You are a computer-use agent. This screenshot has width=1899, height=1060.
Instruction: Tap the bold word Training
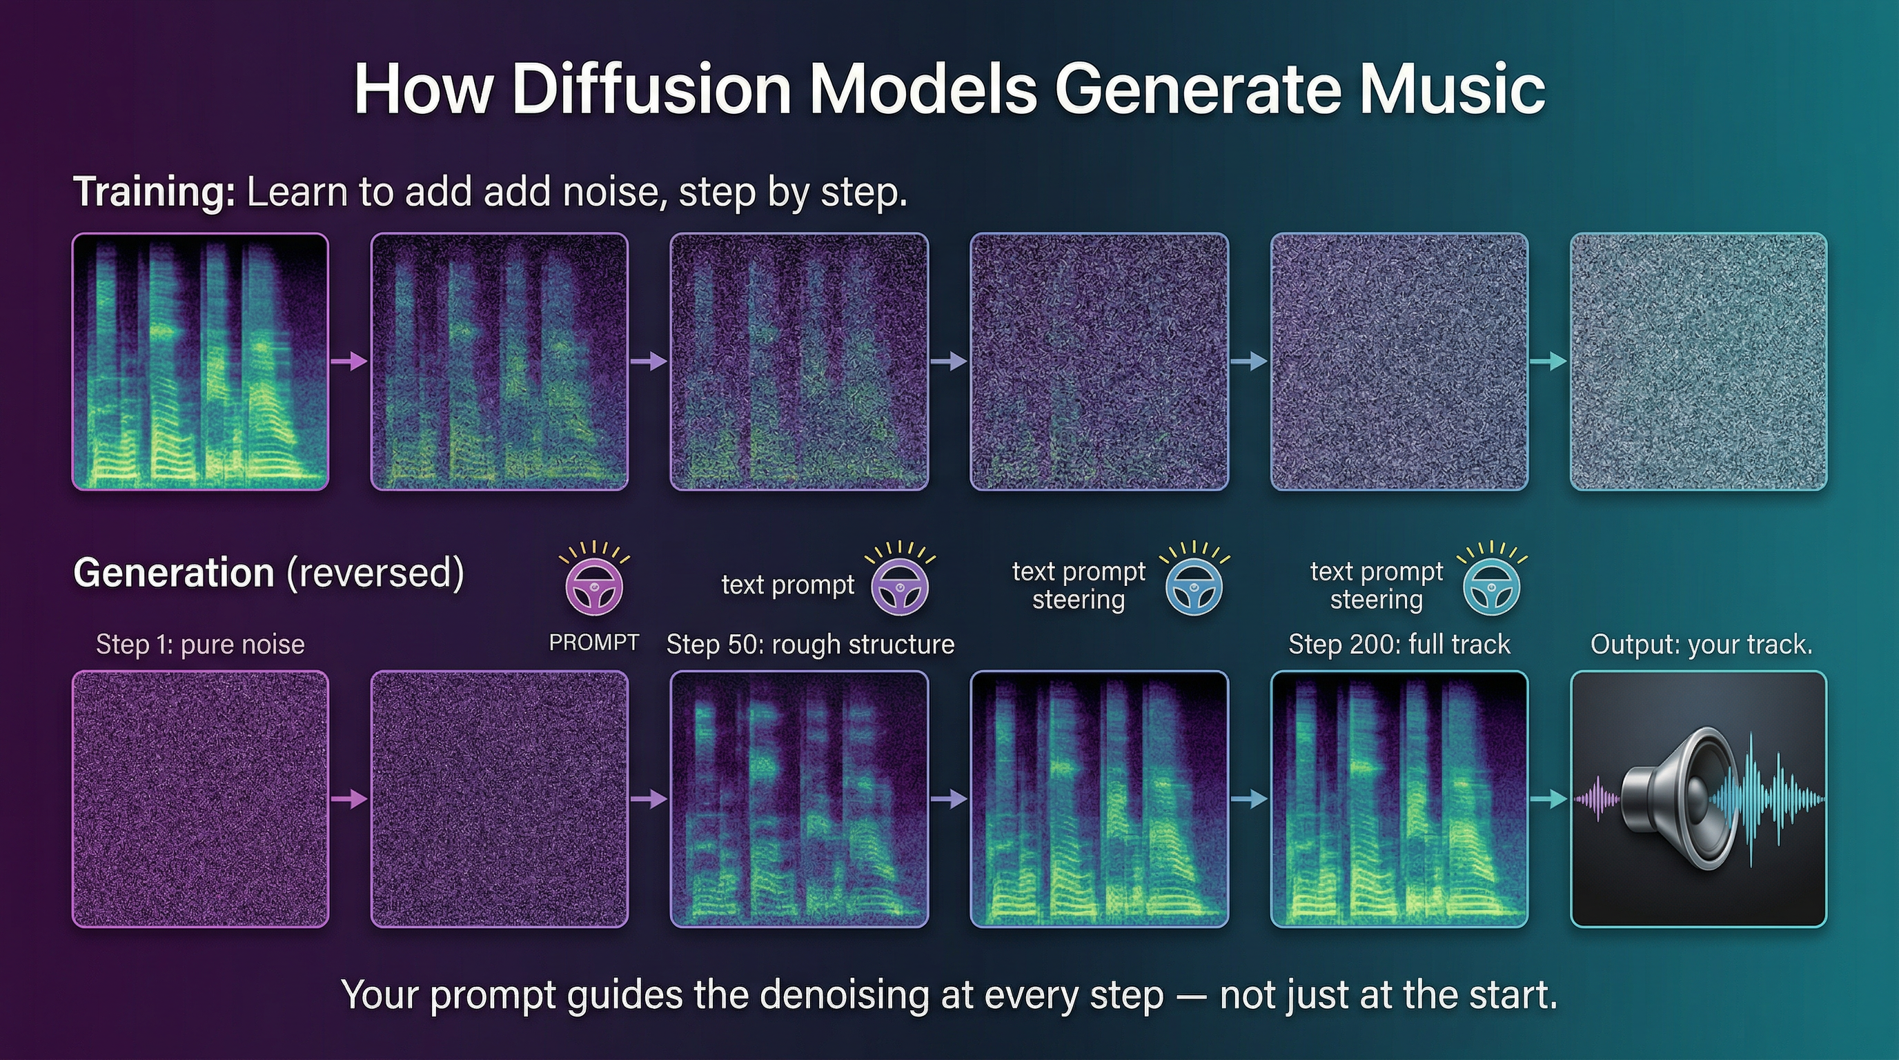pos(154,193)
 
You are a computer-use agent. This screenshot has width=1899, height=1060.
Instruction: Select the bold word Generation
pos(174,573)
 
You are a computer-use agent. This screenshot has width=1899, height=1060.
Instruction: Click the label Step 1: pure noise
pos(200,645)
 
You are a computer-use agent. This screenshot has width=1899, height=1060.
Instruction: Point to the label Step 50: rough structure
pos(810,645)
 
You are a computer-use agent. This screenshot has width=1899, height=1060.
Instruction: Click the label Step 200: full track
pos(1399,645)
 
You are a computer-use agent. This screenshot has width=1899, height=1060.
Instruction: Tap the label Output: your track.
pos(1701,645)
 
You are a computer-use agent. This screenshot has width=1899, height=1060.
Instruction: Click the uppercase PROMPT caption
pos(593,642)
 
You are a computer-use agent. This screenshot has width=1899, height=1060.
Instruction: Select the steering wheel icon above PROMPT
pos(594,587)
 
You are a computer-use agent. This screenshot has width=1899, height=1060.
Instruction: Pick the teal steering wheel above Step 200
pos(1491,587)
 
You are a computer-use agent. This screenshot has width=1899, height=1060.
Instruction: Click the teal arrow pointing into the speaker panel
pos(1548,799)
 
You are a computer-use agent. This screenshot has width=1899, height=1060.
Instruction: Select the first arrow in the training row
pos(348,361)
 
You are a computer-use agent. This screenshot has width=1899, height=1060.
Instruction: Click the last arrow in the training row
pos(1548,361)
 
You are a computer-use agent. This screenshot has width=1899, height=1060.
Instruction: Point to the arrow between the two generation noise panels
pos(348,799)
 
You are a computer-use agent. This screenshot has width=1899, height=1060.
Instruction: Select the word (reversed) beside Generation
pos(375,573)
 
